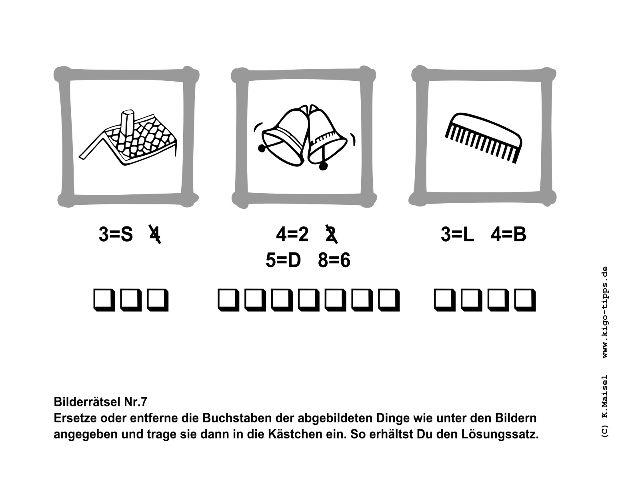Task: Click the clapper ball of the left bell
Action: point(262,148)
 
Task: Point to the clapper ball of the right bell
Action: point(323,166)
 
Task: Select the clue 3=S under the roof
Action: point(116,234)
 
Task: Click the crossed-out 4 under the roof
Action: point(155,234)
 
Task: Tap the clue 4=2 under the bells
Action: point(292,234)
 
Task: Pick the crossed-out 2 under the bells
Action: point(332,234)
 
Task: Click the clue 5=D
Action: point(283,260)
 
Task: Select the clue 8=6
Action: point(334,260)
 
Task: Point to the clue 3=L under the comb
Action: point(457,234)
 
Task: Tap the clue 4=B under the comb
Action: point(508,234)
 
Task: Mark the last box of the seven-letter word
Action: point(389,300)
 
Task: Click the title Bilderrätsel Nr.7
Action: point(100,402)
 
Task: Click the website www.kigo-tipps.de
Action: point(605,312)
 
